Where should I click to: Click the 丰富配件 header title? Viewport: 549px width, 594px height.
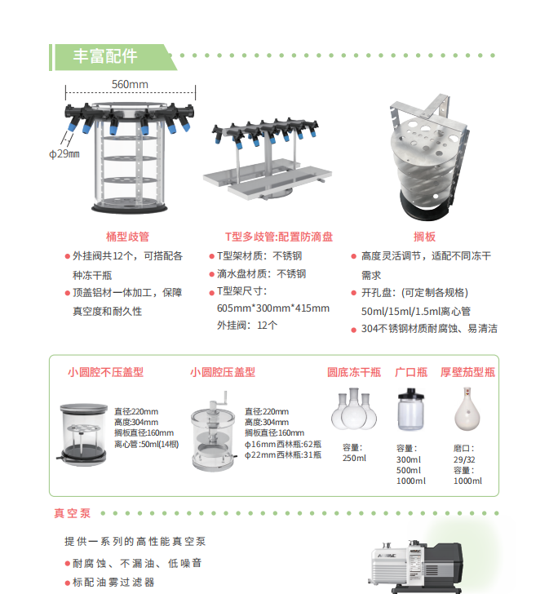click(x=105, y=56)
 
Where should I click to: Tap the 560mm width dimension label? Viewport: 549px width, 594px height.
click(x=130, y=84)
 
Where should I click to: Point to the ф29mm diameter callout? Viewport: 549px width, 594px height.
click(x=64, y=153)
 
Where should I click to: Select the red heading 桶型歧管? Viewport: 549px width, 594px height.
click(x=127, y=237)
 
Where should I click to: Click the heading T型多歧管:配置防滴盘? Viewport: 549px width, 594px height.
click(x=279, y=237)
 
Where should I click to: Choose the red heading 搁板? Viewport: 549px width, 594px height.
click(x=424, y=237)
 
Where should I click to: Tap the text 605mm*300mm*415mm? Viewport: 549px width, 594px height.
click(x=273, y=308)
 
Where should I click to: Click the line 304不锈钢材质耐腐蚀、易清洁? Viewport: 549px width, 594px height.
click(x=429, y=329)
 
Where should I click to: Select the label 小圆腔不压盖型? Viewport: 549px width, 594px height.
click(x=105, y=372)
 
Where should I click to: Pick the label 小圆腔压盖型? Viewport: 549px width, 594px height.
click(x=223, y=372)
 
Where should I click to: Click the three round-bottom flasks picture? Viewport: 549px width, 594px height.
click(x=354, y=409)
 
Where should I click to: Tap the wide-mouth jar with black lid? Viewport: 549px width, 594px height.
click(x=411, y=409)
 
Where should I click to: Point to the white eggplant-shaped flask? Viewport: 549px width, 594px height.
click(x=467, y=409)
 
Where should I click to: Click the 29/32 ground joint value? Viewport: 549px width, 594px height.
click(x=464, y=459)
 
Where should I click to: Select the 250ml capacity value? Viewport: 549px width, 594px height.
click(x=354, y=458)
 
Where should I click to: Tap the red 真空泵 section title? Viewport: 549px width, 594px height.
click(x=73, y=513)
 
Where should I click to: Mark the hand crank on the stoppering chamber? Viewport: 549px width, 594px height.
click(x=221, y=399)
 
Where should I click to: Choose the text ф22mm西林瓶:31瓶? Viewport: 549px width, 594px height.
click(x=283, y=454)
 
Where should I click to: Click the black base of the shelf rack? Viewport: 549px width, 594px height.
click(x=424, y=209)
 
